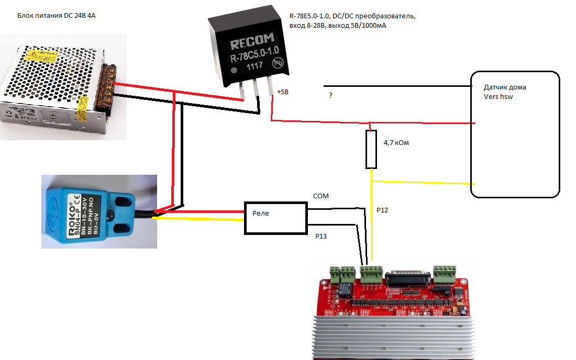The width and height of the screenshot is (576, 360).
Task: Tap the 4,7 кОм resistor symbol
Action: point(371,150)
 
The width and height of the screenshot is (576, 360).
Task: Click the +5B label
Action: point(283,92)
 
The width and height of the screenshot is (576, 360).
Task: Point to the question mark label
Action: point(330,95)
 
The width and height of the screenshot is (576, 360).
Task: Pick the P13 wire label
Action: point(321,237)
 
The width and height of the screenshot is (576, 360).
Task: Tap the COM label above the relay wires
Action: point(320,196)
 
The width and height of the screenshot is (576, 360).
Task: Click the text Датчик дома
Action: point(505,87)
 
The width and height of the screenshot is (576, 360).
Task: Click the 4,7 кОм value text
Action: point(396,142)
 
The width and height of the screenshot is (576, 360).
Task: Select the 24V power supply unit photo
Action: point(60,86)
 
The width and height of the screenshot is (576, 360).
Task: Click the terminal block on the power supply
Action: point(110,89)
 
